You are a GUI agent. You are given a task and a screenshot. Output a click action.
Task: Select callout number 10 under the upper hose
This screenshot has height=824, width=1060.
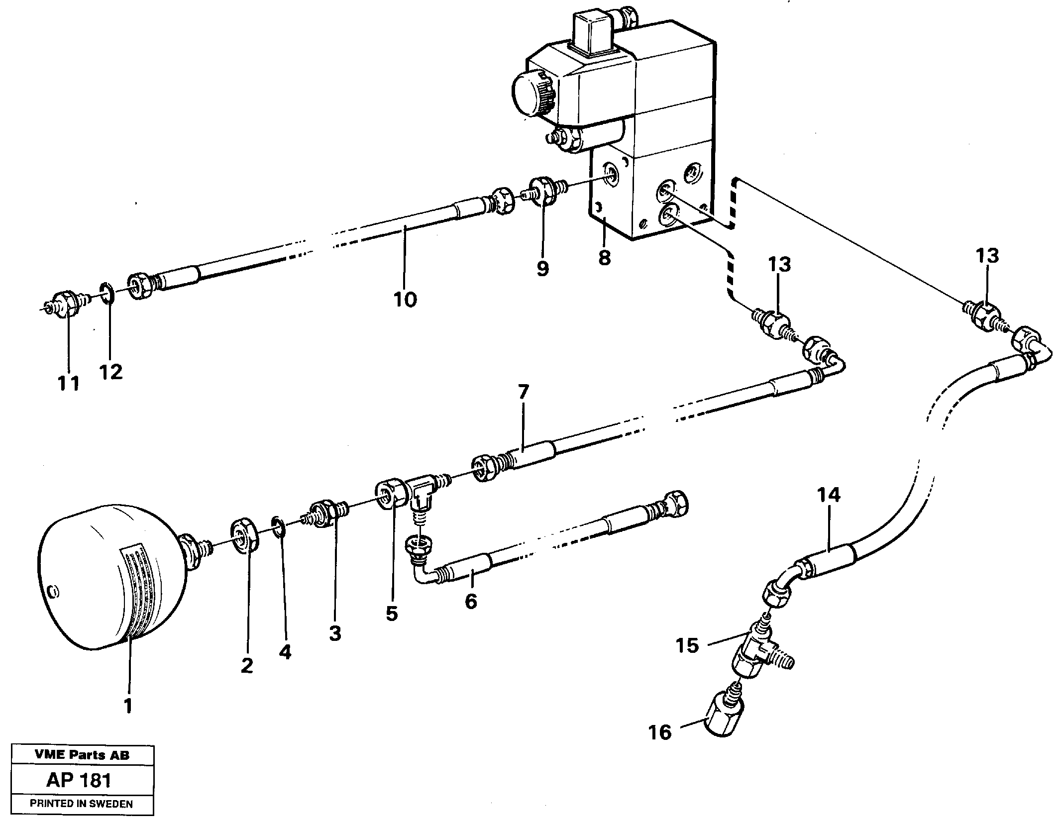click(405, 300)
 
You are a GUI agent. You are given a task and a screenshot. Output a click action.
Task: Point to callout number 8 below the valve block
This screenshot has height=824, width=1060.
click(604, 258)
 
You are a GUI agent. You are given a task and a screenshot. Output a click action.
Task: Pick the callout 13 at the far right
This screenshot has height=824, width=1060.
click(987, 256)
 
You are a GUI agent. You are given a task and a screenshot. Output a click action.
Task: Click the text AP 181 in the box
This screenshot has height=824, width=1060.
click(79, 780)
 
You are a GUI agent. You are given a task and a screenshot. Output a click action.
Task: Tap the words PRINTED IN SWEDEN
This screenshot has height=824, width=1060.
click(81, 804)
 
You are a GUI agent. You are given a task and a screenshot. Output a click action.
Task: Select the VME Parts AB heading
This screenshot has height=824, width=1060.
click(82, 755)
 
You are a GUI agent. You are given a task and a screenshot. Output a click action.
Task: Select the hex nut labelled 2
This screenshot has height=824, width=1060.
click(244, 535)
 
